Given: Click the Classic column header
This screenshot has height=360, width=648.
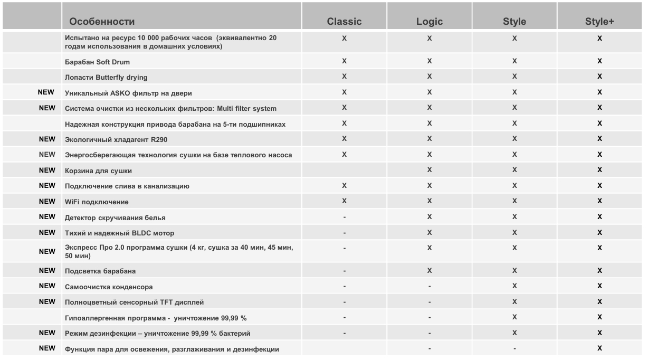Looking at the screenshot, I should point(344,22).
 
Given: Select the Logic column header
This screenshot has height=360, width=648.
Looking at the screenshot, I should point(430,22).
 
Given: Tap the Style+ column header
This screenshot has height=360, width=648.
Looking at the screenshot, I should point(599,22).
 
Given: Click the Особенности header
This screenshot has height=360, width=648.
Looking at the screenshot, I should point(102,22).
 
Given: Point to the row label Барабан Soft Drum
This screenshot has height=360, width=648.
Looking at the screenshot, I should point(97,62).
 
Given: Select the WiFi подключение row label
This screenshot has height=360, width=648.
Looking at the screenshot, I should point(97,202).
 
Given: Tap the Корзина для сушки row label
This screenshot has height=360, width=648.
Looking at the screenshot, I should point(98,170).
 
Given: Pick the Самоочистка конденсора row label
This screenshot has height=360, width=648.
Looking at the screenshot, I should point(109,287).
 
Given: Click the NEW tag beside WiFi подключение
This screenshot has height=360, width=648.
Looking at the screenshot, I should point(47,201).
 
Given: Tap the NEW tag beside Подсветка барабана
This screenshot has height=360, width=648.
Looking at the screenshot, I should point(47,270).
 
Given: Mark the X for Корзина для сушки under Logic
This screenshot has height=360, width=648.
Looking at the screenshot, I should point(430,170).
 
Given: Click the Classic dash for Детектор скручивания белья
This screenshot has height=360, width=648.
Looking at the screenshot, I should point(344,217).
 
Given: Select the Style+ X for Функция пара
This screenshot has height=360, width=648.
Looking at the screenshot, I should point(599,348).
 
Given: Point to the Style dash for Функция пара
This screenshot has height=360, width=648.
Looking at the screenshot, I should point(514,348).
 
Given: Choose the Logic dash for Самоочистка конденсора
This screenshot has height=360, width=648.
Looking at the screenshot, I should point(430,287).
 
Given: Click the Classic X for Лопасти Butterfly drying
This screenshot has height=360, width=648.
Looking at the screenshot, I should point(344,77).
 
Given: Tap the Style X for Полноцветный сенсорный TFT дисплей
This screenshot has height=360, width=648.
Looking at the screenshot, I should point(514,302).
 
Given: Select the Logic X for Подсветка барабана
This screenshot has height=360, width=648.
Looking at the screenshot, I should point(430,271).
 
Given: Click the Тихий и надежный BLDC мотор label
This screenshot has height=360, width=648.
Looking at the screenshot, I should point(119,233).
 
